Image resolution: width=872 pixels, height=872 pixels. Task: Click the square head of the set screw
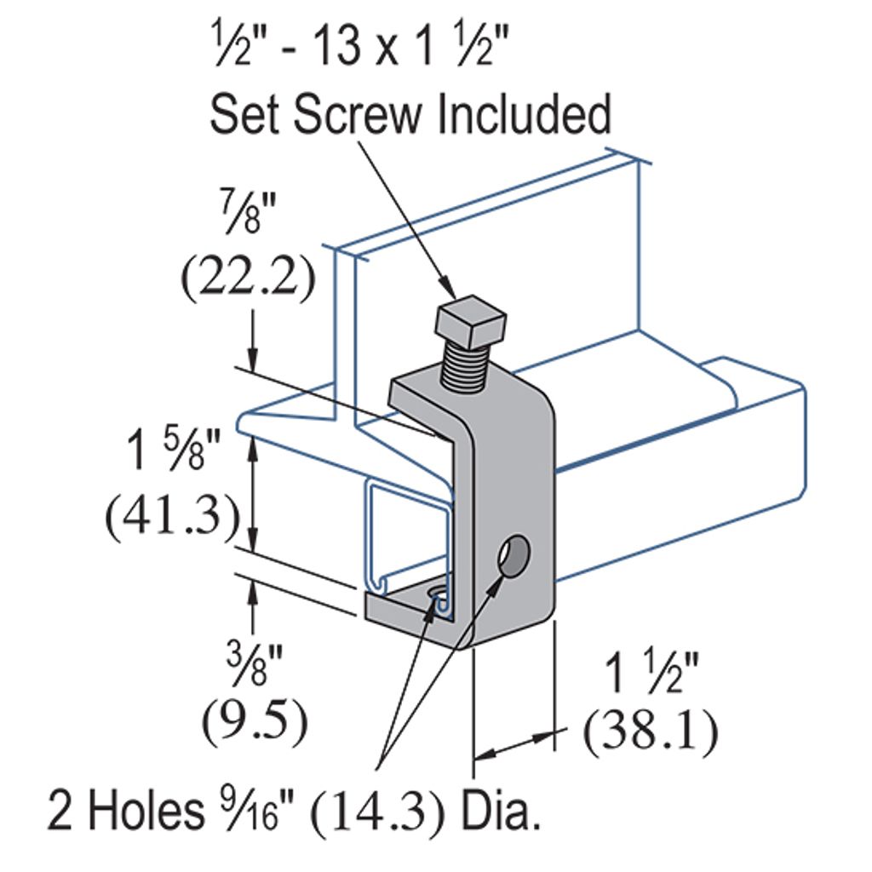tap(471, 321)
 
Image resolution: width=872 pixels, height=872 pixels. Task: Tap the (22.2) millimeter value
tap(247, 278)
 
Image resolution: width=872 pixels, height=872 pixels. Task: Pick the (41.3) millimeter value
tap(170, 516)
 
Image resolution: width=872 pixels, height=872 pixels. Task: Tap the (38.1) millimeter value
tap(650, 731)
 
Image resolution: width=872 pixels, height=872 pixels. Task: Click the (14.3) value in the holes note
tap(378, 812)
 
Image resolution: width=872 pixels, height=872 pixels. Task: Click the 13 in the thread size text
tap(336, 48)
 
